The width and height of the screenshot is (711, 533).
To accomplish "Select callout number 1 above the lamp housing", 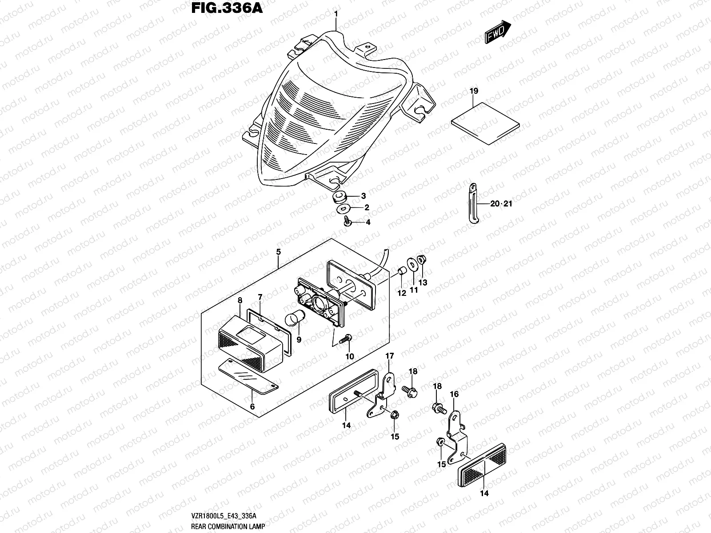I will [x=336, y=14].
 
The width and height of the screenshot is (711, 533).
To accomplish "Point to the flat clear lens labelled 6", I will [x=249, y=378].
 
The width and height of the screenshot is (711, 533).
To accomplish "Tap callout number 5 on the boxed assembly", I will [x=278, y=252].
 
